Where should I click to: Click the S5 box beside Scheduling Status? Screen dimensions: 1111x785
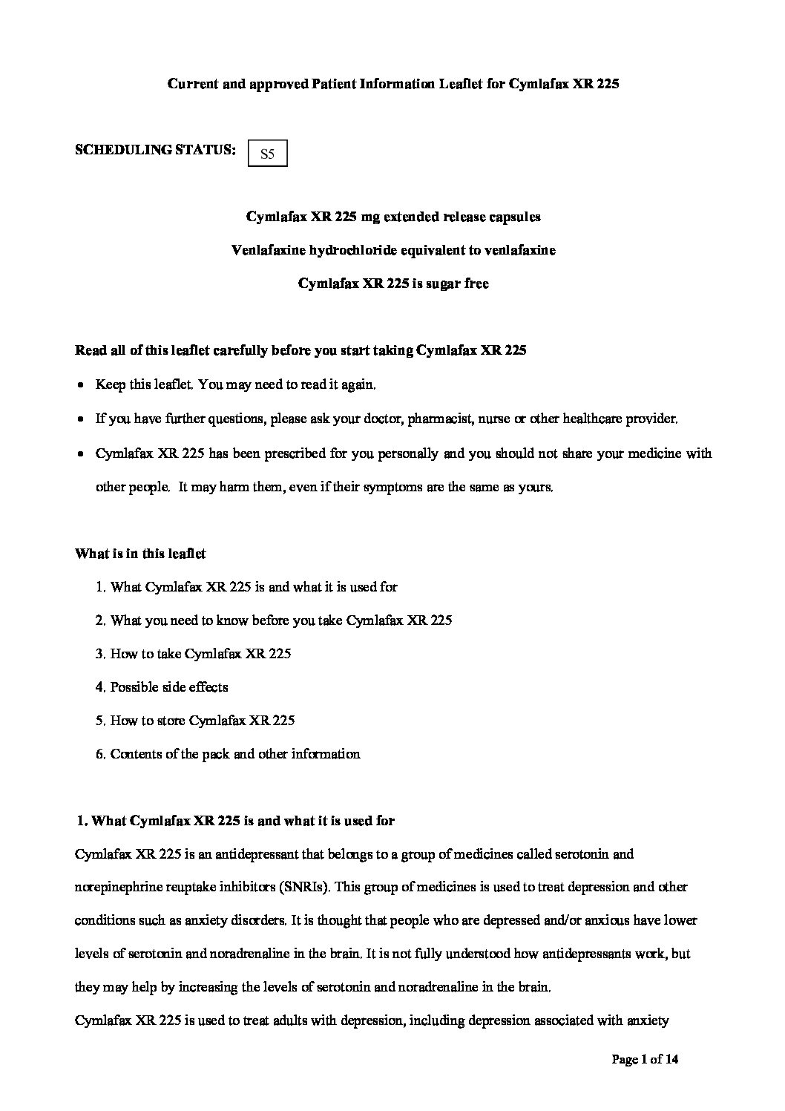[x=268, y=154]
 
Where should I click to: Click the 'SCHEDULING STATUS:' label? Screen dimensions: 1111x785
[x=155, y=149]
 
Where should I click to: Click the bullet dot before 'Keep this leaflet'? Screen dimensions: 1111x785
[x=80, y=386]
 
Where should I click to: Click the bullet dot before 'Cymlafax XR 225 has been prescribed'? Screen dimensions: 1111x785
[x=80, y=453]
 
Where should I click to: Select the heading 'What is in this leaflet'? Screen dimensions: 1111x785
[x=140, y=554]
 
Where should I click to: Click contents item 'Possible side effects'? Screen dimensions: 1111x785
[x=168, y=687]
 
